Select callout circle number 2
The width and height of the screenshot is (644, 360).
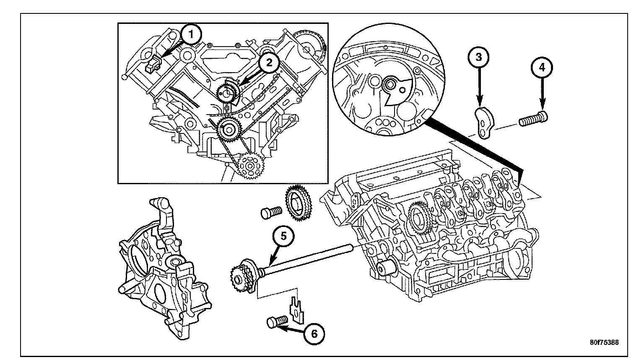tap(269, 63)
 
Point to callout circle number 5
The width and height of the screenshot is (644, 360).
tap(283, 237)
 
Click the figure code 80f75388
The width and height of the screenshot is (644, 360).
tap(604, 342)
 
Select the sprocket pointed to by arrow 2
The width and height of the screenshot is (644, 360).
tap(227, 93)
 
